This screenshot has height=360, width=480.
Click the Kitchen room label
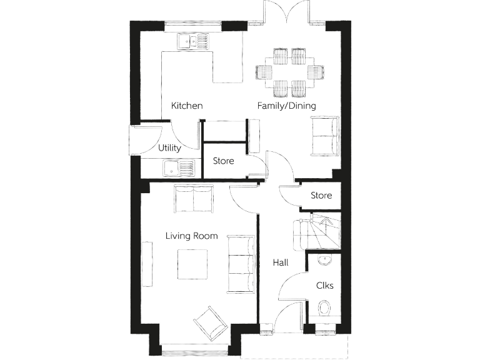pos(187,106)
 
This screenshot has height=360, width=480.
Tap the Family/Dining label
pos(286,106)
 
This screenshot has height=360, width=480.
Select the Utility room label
pos(169,148)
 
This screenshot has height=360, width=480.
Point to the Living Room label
pos(191,236)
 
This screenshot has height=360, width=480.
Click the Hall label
pos(281,263)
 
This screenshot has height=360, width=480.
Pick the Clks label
pos(324,286)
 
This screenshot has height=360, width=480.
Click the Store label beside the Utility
pos(223,161)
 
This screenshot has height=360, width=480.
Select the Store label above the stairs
pos(321,196)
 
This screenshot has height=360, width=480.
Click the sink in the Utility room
pos(179,168)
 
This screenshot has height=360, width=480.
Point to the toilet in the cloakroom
pos(324,308)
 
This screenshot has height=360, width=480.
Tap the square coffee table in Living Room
pos(192,265)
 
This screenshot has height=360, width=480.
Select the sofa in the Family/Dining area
pos(324,136)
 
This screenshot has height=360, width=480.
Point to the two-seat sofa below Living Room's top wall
pos(193,199)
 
